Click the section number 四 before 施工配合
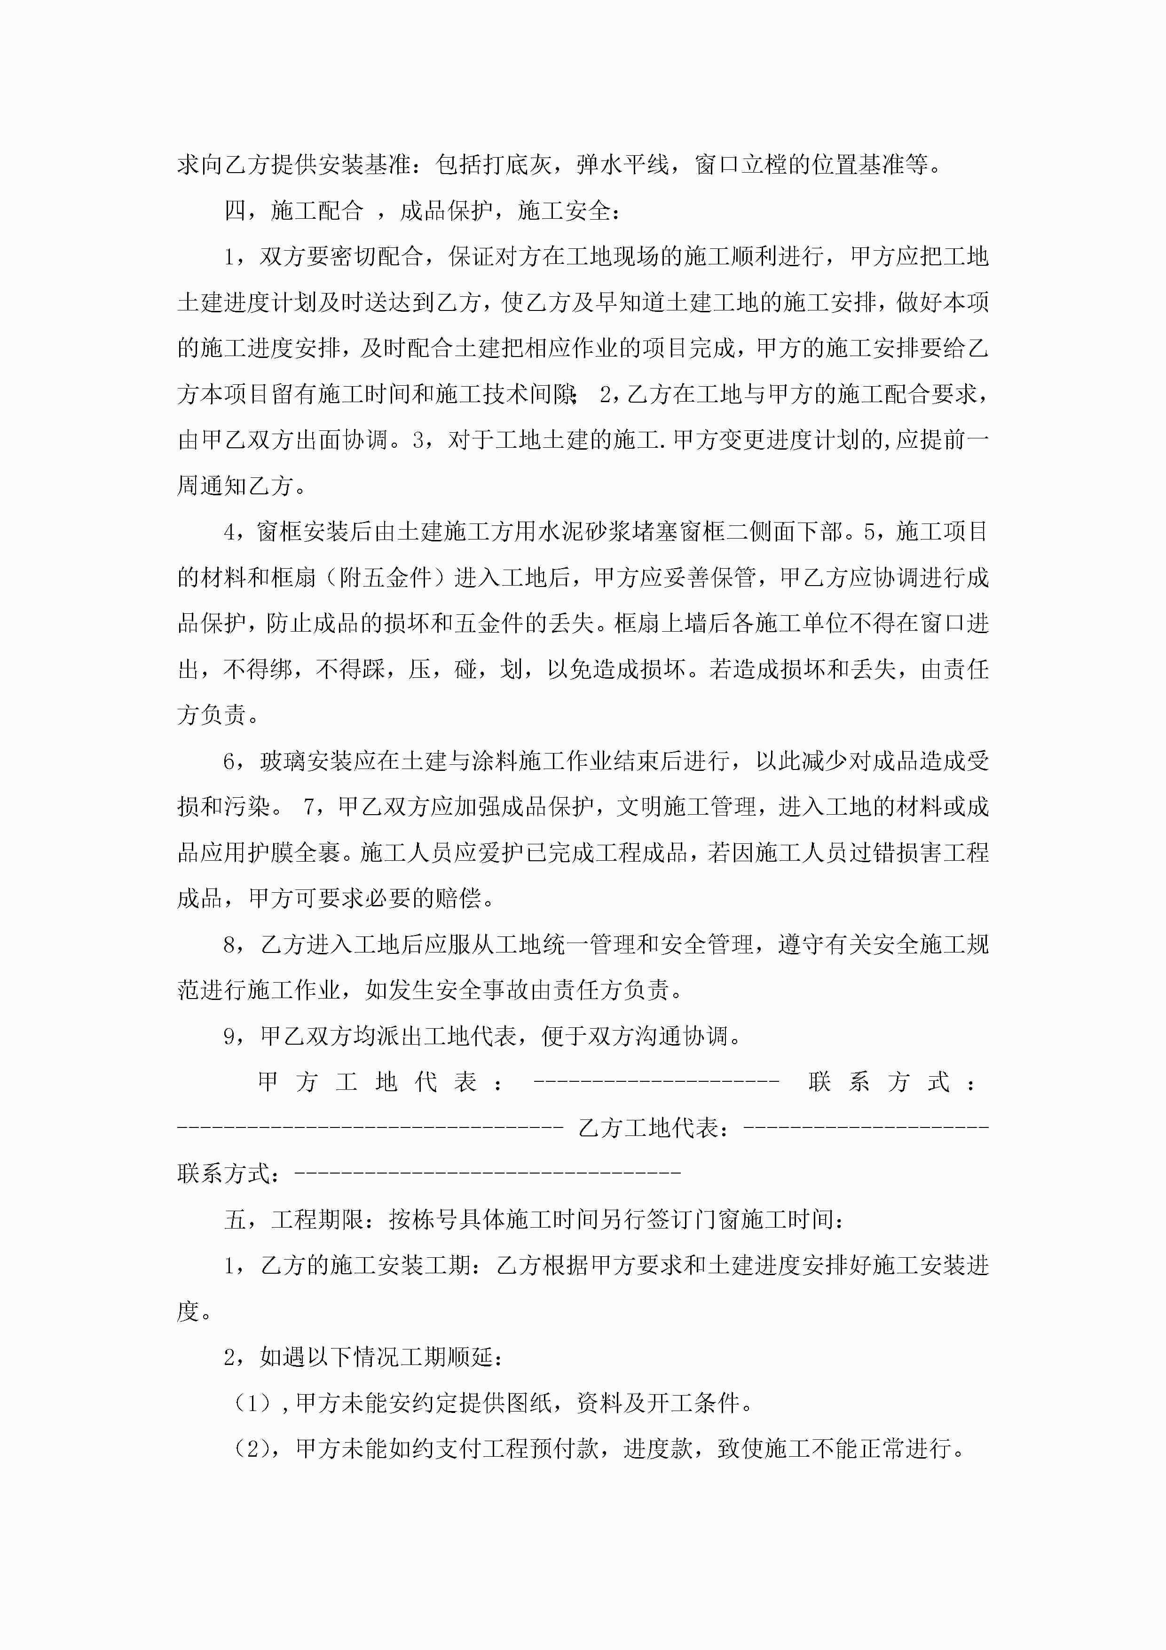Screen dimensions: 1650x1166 point(235,211)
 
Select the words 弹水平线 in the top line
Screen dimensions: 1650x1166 point(623,165)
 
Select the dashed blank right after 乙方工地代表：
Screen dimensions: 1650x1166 point(866,1127)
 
